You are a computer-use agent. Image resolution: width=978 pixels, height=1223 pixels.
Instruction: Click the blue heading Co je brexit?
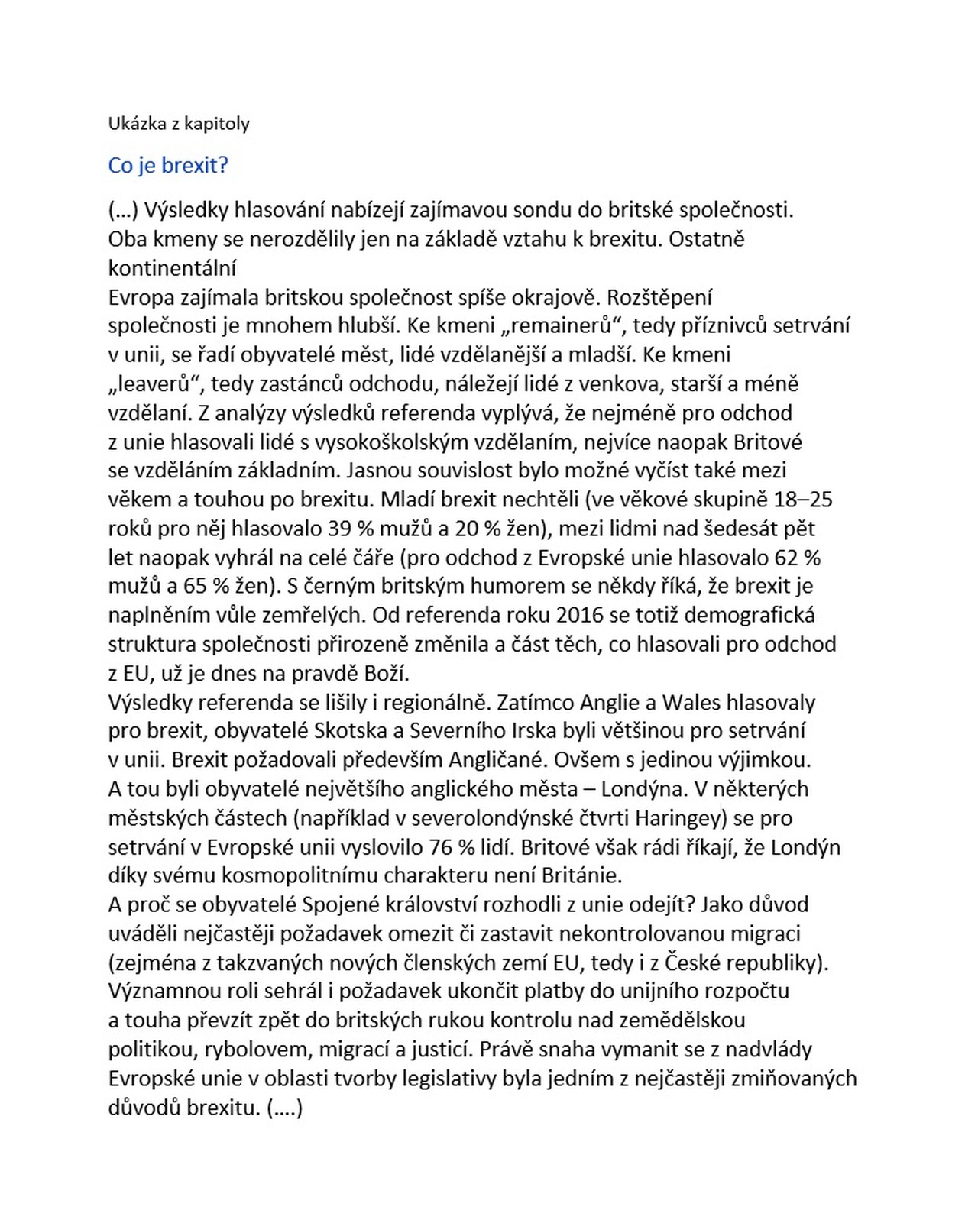168,166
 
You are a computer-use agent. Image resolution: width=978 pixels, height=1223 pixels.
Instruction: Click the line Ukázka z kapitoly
179,124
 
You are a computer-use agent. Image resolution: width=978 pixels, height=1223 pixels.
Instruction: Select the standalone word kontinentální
173,268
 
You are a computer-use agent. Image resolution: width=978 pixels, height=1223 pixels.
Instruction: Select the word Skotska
351,731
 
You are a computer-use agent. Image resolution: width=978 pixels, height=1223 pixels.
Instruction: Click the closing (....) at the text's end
286,1108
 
